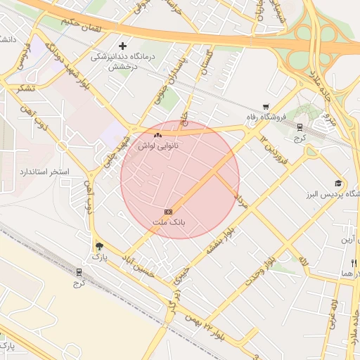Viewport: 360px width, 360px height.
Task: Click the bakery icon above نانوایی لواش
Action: pyautogui.click(x=157, y=134)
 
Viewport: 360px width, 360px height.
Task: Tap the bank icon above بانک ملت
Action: pyautogui.click(x=168, y=212)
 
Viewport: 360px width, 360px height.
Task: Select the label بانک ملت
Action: pyautogui.click(x=169, y=222)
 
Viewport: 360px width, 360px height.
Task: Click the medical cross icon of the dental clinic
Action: pyautogui.click(x=122, y=46)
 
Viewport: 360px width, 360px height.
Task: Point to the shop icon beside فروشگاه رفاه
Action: pyautogui.click(x=265, y=107)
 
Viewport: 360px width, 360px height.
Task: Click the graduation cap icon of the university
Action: pyautogui.click(x=338, y=183)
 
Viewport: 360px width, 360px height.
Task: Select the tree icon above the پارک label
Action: pyautogui.click(x=98, y=246)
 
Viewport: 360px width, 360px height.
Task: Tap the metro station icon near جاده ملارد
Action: pyautogui.click(x=300, y=127)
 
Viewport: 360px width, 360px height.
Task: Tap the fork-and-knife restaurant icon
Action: pyautogui.click(x=353, y=262)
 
